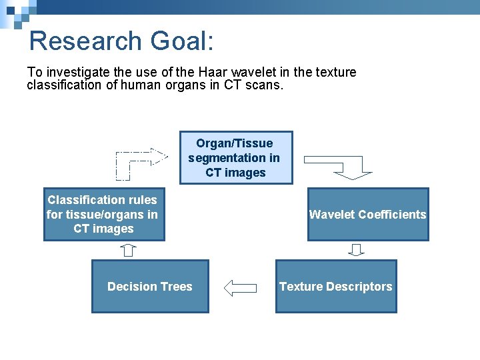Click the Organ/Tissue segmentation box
pos(236,158)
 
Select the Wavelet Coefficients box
pos(367,215)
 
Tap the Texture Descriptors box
pos(335,287)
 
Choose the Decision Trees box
pos(150,287)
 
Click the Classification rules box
pos(103,215)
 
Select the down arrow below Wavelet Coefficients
pos(357,250)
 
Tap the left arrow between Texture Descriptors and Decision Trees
pos(241,288)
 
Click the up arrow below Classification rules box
pos(129,250)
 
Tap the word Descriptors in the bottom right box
pos(359,287)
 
